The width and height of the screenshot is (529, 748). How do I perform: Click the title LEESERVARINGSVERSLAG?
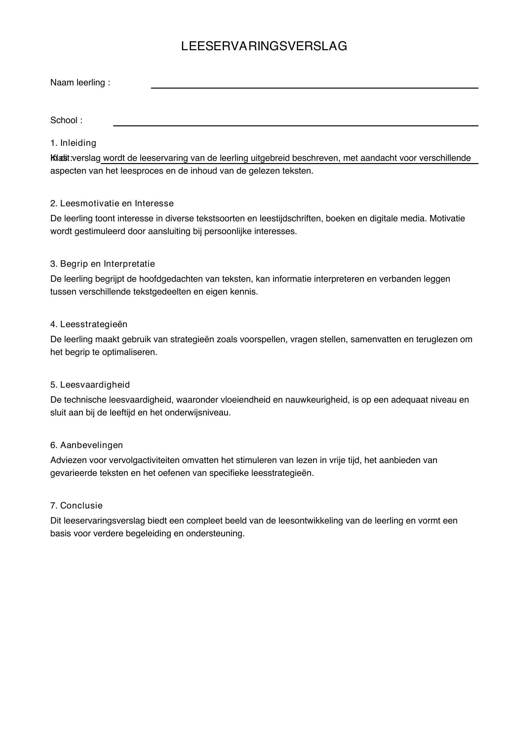[264, 46]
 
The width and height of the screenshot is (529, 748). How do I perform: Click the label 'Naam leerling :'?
[80, 83]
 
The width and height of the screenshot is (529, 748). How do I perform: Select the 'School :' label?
[67, 121]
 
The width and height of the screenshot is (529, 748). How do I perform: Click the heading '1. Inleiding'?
[73, 143]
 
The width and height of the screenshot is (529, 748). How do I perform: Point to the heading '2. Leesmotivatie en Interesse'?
[112, 204]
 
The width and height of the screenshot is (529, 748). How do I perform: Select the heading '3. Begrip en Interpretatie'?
[103, 264]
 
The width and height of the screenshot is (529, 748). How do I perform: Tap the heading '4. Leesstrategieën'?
[89, 325]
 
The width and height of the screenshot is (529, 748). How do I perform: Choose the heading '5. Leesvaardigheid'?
[90, 385]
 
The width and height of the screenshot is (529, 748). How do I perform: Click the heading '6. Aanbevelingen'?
[87, 445]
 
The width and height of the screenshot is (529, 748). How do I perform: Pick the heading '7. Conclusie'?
[76, 506]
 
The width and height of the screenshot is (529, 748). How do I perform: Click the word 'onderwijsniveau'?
[197, 413]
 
